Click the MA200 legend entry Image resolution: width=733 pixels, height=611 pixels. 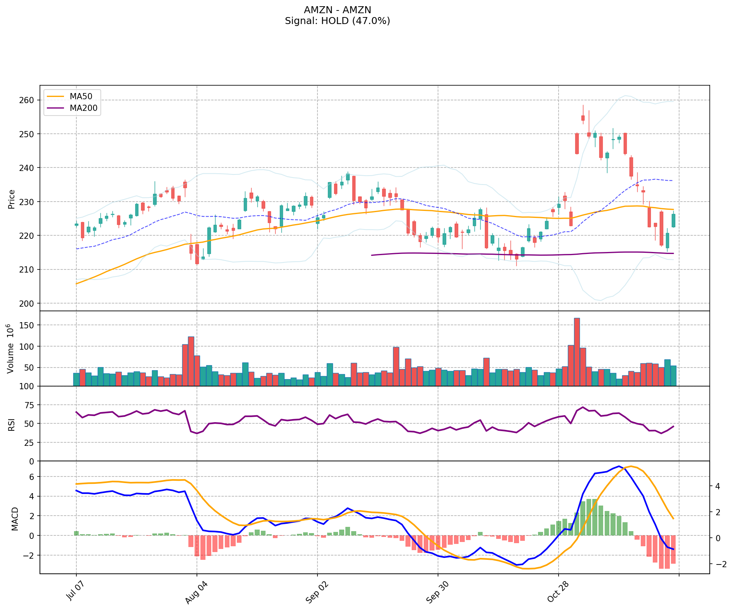pos(83,108)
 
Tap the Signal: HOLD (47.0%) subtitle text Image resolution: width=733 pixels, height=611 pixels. pos(337,21)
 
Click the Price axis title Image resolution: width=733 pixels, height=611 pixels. pos(12,199)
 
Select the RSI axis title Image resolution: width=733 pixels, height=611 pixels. pos(12,424)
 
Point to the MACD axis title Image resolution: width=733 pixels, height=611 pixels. pos(15,519)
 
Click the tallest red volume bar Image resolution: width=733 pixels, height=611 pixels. pos(577,352)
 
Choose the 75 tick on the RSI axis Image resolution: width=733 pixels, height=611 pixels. pos(30,405)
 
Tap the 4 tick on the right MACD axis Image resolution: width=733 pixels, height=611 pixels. pos(717,486)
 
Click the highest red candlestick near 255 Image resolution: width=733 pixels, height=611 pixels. pos(583,118)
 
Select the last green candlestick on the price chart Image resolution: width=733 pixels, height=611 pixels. pos(673,221)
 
